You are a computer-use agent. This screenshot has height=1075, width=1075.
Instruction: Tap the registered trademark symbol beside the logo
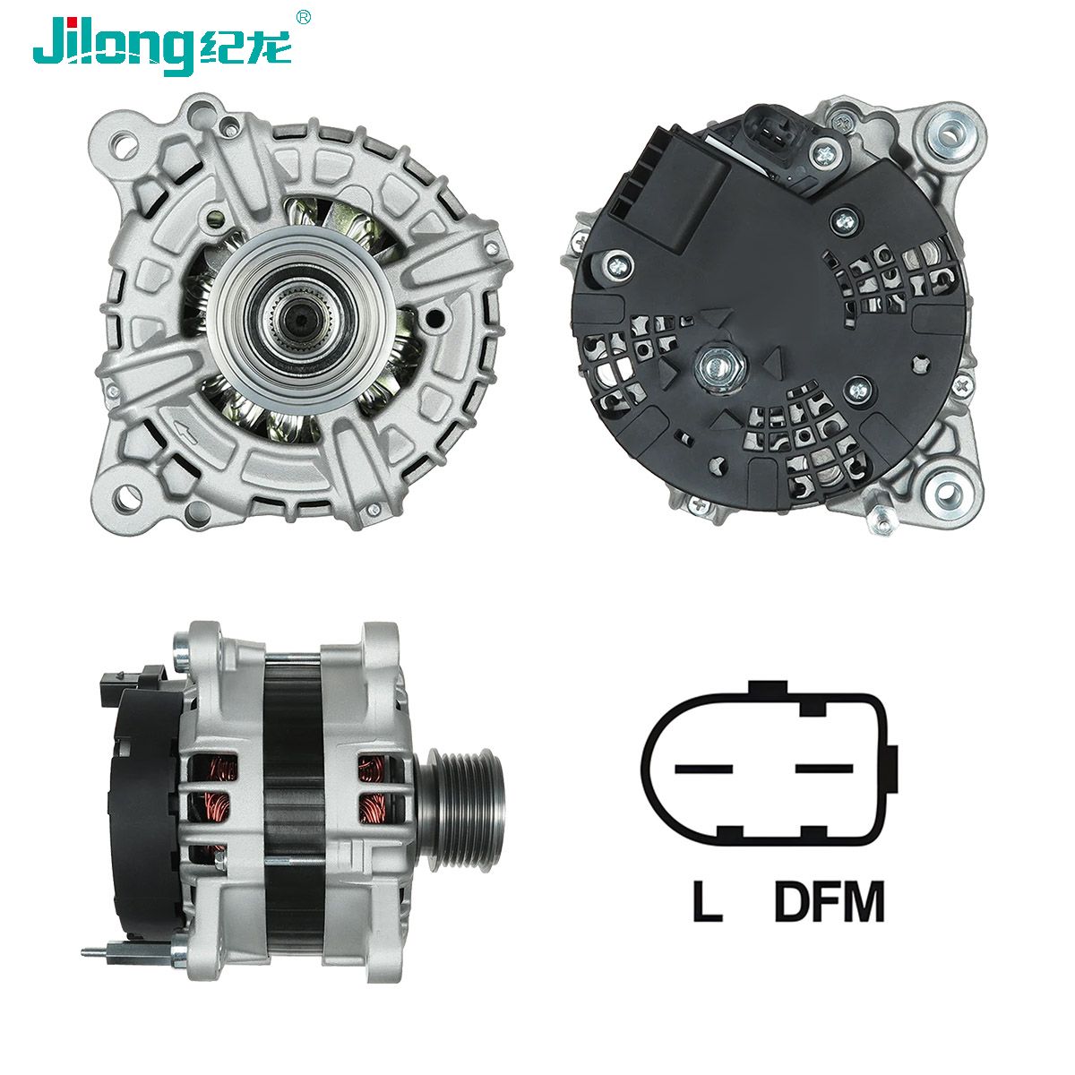pyautogui.click(x=303, y=17)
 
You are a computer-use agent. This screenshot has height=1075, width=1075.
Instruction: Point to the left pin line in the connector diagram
pyautogui.click(x=703, y=769)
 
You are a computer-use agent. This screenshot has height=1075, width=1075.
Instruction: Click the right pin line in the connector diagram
pyautogui.click(x=824, y=769)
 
